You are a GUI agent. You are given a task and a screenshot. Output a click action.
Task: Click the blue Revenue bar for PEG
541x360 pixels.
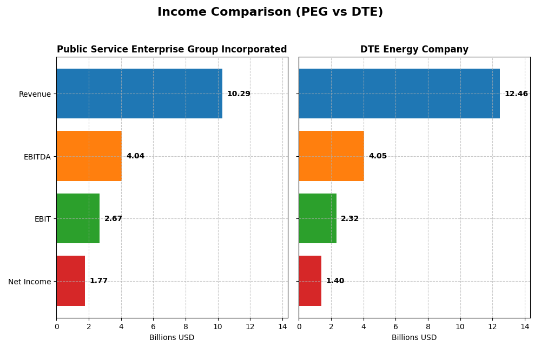click(x=139, y=94)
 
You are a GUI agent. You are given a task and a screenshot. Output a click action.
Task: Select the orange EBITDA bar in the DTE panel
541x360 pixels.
click(x=331, y=156)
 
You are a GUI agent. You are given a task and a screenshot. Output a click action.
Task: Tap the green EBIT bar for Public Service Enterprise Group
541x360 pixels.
click(x=78, y=218)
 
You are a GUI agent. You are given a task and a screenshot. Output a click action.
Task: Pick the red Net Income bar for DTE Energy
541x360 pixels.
click(x=310, y=281)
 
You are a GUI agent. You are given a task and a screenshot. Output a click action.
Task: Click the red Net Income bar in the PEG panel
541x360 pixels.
click(x=70, y=281)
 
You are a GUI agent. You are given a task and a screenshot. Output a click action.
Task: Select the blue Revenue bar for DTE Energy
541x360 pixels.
click(x=399, y=94)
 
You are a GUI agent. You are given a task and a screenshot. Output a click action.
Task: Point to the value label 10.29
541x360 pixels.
click(x=239, y=94)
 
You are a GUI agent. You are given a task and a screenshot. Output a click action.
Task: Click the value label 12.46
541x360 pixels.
click(x=516, y=94)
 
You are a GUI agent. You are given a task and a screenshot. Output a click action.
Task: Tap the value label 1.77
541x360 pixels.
click(x=98, y=281)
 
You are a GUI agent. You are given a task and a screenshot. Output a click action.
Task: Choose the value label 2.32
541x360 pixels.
click(x=350, y=219)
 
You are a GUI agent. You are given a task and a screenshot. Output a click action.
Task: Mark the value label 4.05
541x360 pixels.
click(x=378, y=156)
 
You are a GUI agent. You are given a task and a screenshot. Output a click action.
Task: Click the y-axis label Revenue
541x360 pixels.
click(x=35, y=95)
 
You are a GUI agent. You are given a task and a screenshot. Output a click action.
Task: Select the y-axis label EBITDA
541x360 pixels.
click(x=37, y=157)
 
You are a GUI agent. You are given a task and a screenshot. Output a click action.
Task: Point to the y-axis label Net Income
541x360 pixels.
click(x=29, y=282)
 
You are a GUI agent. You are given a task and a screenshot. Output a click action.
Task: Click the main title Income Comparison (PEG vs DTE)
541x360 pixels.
click(x=270, y=12)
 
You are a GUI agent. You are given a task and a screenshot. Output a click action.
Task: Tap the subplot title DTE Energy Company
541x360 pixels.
click(x=414, y=50)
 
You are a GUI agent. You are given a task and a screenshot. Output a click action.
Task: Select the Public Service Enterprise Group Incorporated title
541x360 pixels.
click(x=172, y=50)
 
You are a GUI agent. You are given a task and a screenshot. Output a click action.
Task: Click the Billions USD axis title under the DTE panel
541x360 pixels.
click(x=414, y=338)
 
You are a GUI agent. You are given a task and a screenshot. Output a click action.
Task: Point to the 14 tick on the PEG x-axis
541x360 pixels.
click(x=282, y=326)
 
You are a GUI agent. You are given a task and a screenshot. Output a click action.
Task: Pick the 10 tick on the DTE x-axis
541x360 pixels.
click(x=460, y=326)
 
